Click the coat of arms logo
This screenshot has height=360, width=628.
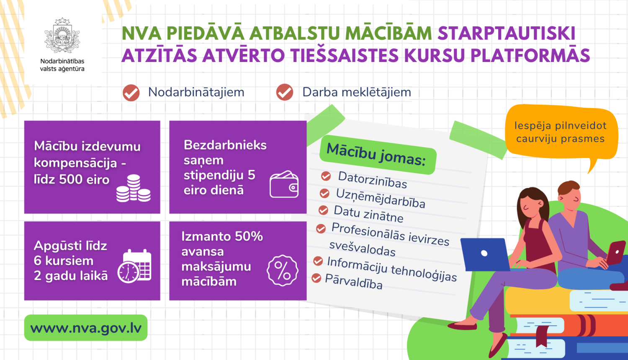[x=62, y=36]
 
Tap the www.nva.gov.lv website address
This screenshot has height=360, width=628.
[x=86, y=328]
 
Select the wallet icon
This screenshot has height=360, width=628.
[x=284, y=184]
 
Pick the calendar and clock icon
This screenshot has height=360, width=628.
[x=134, y=266]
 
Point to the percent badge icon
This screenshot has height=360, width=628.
[x=282, y=270]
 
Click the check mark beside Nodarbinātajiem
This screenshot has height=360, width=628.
[x=131, y=93]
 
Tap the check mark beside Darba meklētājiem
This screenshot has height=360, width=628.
[x=285, y=92]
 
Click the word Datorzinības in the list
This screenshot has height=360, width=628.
[x=372, y=180]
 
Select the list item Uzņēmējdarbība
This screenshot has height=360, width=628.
[x=381, y=198]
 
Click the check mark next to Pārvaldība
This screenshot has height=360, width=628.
[x=316, y=278]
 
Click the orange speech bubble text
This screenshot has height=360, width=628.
[x=561, y=132]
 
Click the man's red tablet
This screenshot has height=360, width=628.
[x=616, y=253]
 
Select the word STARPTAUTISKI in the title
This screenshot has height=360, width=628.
[x=507, y=33]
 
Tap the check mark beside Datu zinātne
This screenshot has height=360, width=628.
[x=323, y=210]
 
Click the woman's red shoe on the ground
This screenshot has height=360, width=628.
[x=462, y=326]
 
